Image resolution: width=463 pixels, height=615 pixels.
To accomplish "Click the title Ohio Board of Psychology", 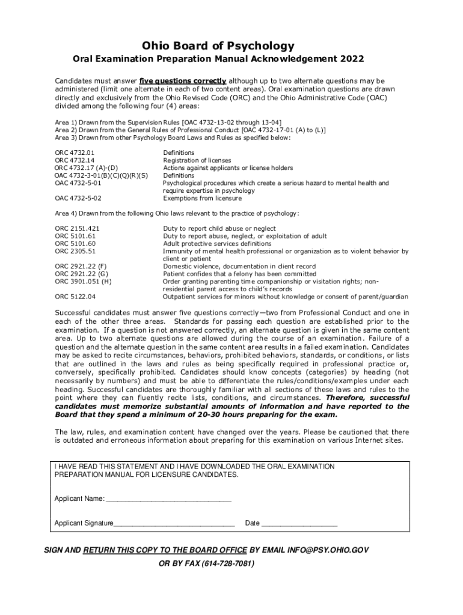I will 218,46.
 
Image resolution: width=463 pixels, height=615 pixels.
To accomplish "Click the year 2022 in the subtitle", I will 351,60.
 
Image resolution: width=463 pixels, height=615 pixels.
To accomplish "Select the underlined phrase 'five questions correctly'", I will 183,80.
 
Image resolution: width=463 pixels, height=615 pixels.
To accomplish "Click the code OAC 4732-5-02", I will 78,198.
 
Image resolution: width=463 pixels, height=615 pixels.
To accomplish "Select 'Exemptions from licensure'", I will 202,198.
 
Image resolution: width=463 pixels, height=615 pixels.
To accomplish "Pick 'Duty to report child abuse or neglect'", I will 219,229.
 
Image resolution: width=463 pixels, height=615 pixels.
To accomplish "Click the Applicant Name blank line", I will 168,499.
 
